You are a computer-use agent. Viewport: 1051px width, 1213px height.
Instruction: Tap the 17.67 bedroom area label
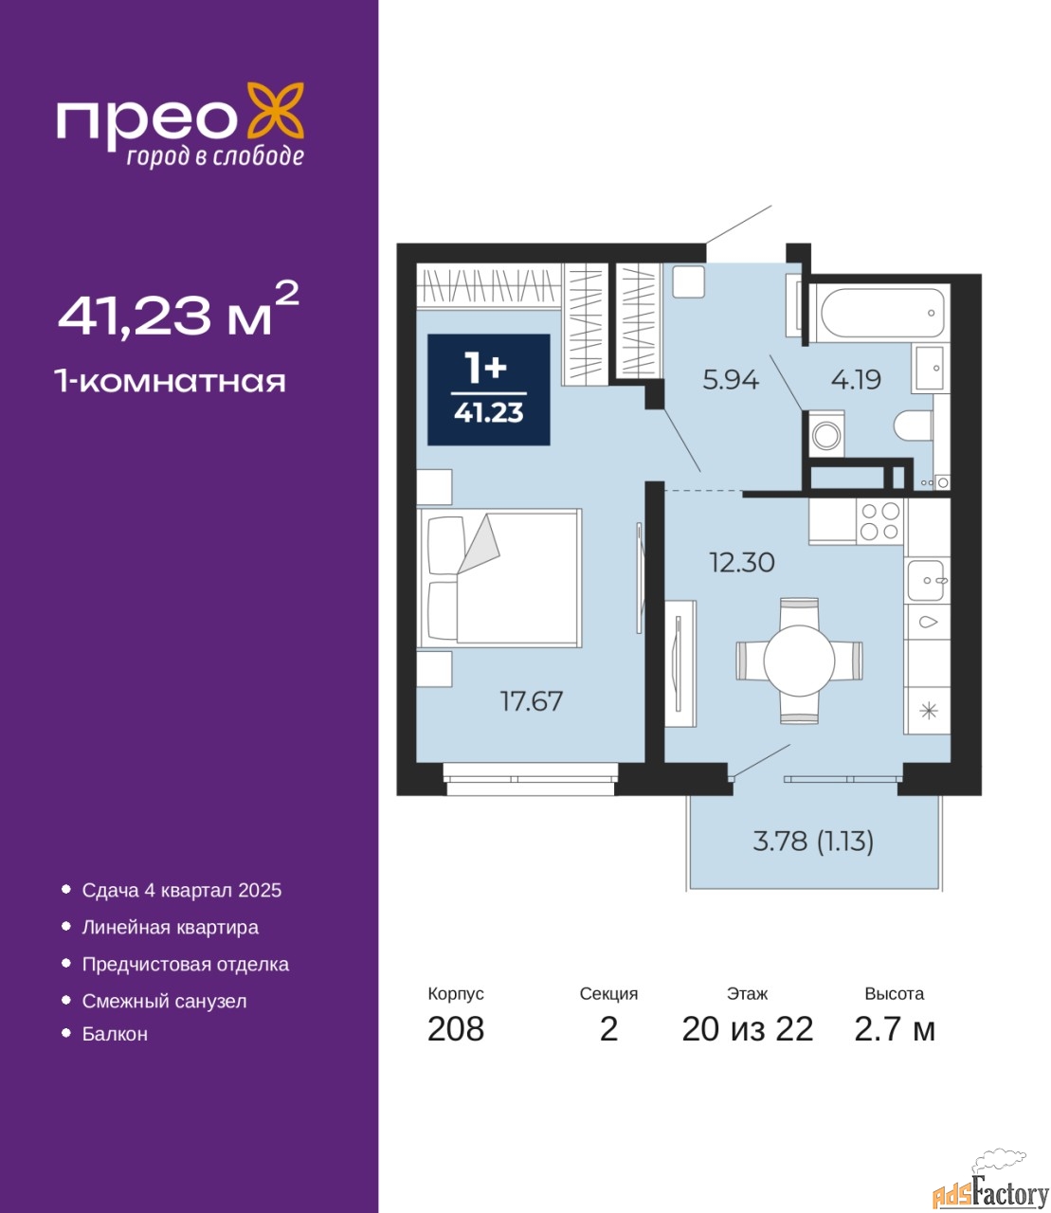tap(531, 701)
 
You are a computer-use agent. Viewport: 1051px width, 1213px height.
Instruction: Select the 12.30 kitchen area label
tap(742, 563)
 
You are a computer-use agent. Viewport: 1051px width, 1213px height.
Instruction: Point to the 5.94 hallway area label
tap(731, 380)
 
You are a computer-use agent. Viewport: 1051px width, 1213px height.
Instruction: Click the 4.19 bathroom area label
tap(856, 380)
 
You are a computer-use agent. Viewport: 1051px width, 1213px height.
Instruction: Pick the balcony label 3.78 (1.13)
tap(813, 842)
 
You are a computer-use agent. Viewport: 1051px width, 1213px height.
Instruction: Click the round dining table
tap(799, 661)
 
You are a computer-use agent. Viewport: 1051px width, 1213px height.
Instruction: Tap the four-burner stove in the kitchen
tap(879, 521)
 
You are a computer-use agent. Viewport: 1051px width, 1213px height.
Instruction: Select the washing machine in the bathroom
tap(826, 434)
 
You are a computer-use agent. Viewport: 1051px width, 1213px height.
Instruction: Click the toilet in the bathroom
tap(913, 425)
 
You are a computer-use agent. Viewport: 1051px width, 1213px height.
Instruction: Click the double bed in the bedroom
tap(499, 578)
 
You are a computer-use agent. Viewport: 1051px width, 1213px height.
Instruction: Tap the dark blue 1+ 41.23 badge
tap(489, 389)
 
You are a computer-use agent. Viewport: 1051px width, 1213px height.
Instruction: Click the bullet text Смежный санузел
tap(164, 1001)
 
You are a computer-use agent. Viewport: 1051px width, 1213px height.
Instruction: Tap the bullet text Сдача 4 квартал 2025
tap(182, 890)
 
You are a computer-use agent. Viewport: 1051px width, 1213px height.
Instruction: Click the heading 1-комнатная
tap(171, 382)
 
